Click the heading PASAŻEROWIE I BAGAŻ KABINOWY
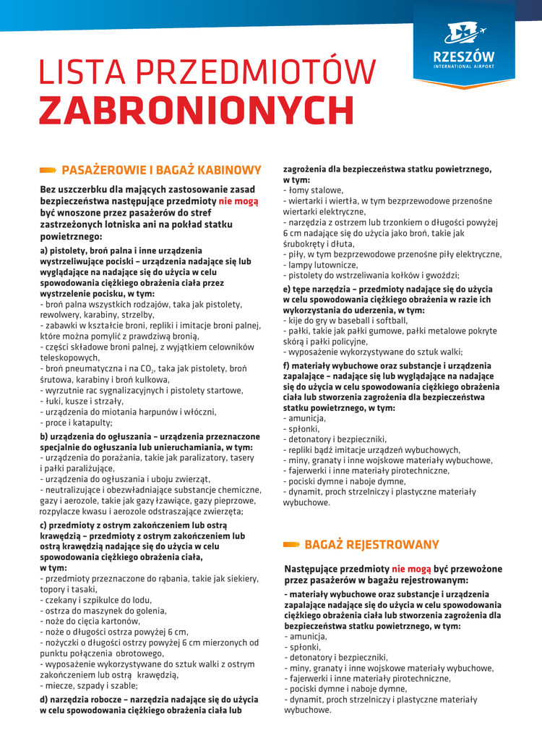click(x=161, y=170)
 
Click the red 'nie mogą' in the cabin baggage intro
click(x=238, y=201)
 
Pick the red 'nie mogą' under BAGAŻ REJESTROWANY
click(x=412, y=569)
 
